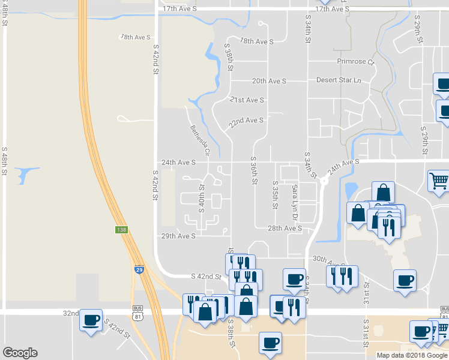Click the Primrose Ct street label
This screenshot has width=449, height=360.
click(355, 62)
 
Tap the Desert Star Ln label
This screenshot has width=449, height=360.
click(340, 80)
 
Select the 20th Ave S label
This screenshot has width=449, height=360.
click(269, 81)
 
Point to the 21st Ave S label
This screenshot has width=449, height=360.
click(247, 100)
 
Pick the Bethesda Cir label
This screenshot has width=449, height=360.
click(200, 140)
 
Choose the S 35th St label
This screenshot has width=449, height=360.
click(275, 194)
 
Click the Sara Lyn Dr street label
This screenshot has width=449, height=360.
click(295, 200)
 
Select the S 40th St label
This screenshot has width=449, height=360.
click(202, 199)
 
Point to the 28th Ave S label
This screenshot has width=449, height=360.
click(285, 229)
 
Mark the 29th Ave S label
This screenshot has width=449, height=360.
click(178, 236)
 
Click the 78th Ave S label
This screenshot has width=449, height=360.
click(256, 41)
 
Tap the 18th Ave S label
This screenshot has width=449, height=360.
click(135, 37)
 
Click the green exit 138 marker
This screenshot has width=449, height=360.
click(121, 230)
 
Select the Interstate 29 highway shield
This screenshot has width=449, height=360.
click(139, 269)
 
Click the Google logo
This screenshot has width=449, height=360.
click(20, 353)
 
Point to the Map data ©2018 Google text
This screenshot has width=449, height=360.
click(411, 355)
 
